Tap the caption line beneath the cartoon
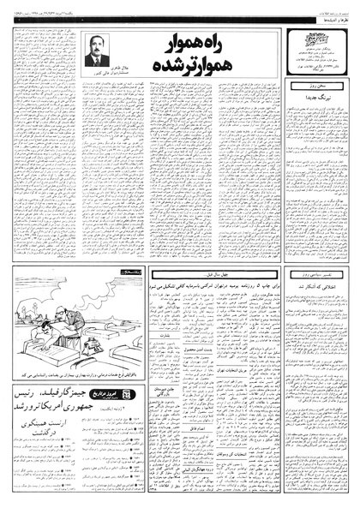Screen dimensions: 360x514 (73, 374)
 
